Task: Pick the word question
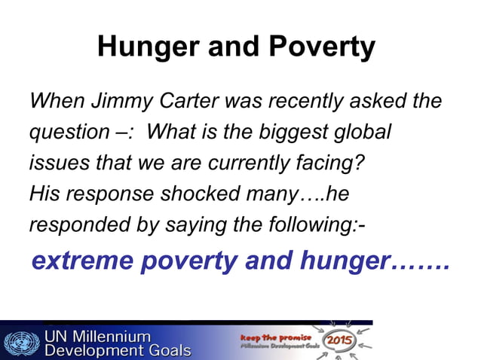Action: (x=63, y=133)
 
